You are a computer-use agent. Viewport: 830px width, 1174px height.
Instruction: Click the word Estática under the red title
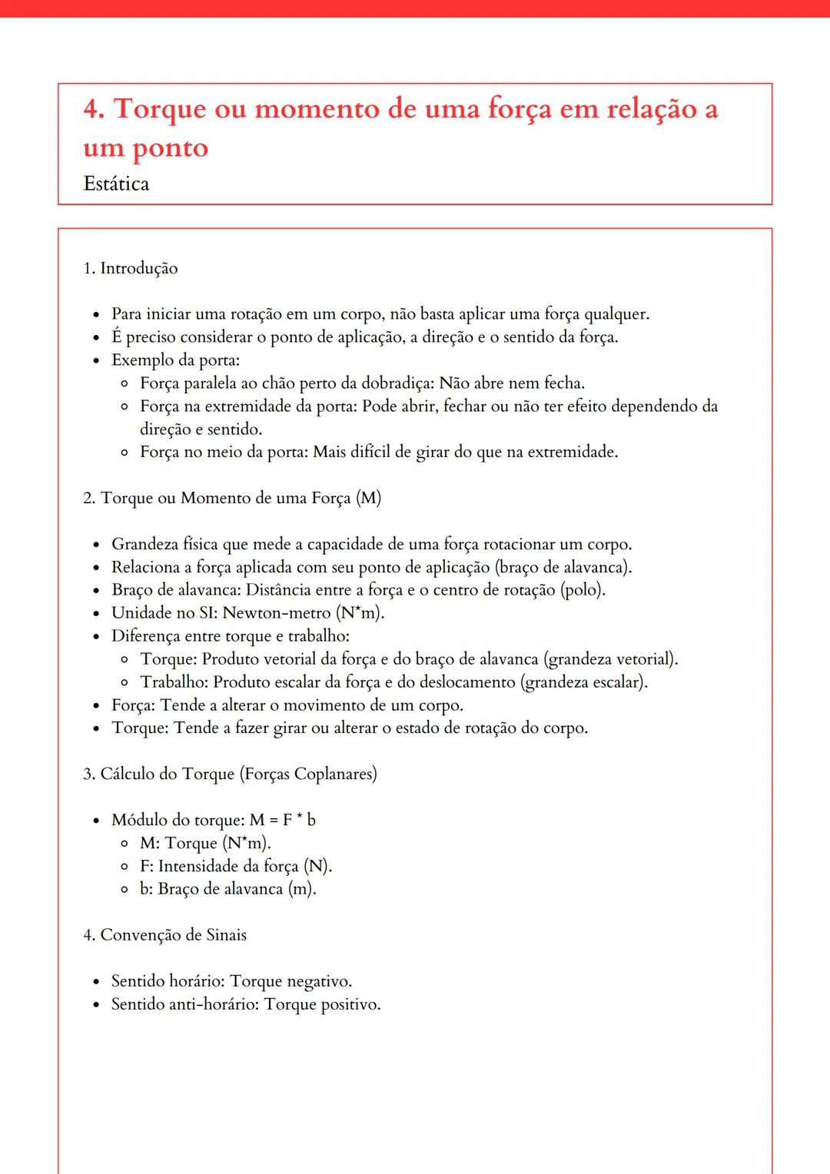tap(116, 184)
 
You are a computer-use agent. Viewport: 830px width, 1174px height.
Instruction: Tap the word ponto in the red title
tap(171, 148)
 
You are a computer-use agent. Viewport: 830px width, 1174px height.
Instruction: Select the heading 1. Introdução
tap(130, 268)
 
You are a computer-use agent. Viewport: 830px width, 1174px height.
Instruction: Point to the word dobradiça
tap(393, 383)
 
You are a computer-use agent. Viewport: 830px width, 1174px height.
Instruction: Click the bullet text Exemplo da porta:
tap(176, 360)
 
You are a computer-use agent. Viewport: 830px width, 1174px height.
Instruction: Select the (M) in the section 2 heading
tap(368, 498)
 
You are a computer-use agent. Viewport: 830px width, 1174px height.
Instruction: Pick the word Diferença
tap(146, 636)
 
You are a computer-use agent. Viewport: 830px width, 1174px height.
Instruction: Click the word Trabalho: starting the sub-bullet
tap(174, 682)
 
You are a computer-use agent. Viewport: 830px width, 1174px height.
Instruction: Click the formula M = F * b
tap(282, 820)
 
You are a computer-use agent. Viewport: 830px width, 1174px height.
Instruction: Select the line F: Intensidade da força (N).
tap(236, 866)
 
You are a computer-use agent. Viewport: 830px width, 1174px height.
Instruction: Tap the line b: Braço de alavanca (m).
tap(228, 889)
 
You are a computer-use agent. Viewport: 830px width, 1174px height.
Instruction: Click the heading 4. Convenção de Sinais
tap(164, 935)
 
